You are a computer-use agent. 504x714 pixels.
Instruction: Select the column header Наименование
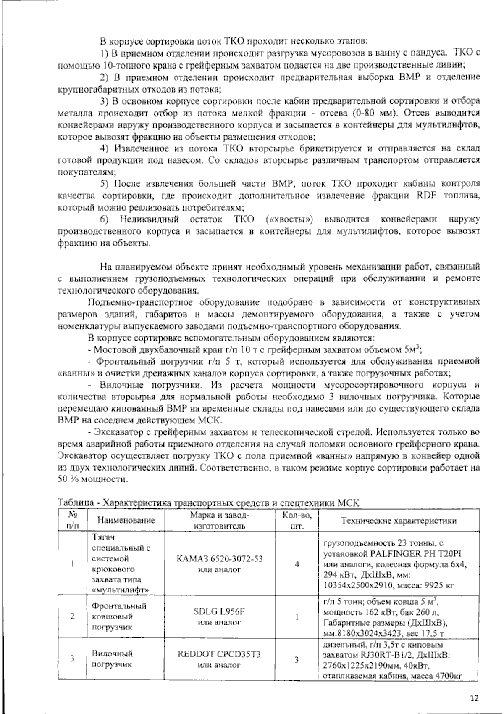click(x=126, y=520)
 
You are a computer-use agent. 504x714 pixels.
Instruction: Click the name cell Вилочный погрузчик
click(x=112, y=659)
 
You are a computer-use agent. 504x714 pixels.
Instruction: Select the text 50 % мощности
click(x=91, y=480)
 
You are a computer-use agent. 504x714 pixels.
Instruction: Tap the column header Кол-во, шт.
click(x=297, y=520)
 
